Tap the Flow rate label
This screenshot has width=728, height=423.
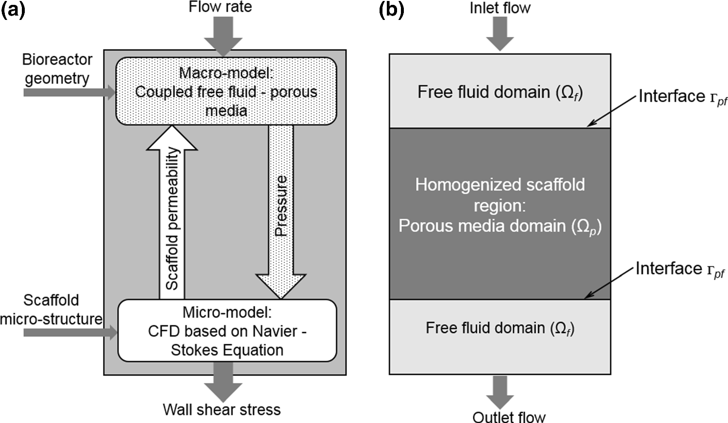click(x=220, y=7)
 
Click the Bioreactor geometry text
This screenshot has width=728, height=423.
click(x=57, y=69)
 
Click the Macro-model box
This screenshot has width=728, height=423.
click(x=226, y=91)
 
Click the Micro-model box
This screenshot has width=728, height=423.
click(x=227, y=331)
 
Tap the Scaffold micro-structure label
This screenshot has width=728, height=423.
click(x=51, y=309)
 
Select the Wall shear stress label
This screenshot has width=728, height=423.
click(x=222, y=409)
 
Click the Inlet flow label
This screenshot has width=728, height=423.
click(x=500, y=8)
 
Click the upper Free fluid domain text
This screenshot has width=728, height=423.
click(x=500, y=92)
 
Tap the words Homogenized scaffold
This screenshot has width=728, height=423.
click(x=500, y=185)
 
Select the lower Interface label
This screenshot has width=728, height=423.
click(x=679, y=269)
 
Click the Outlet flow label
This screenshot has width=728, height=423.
click(x=509, y=417)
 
